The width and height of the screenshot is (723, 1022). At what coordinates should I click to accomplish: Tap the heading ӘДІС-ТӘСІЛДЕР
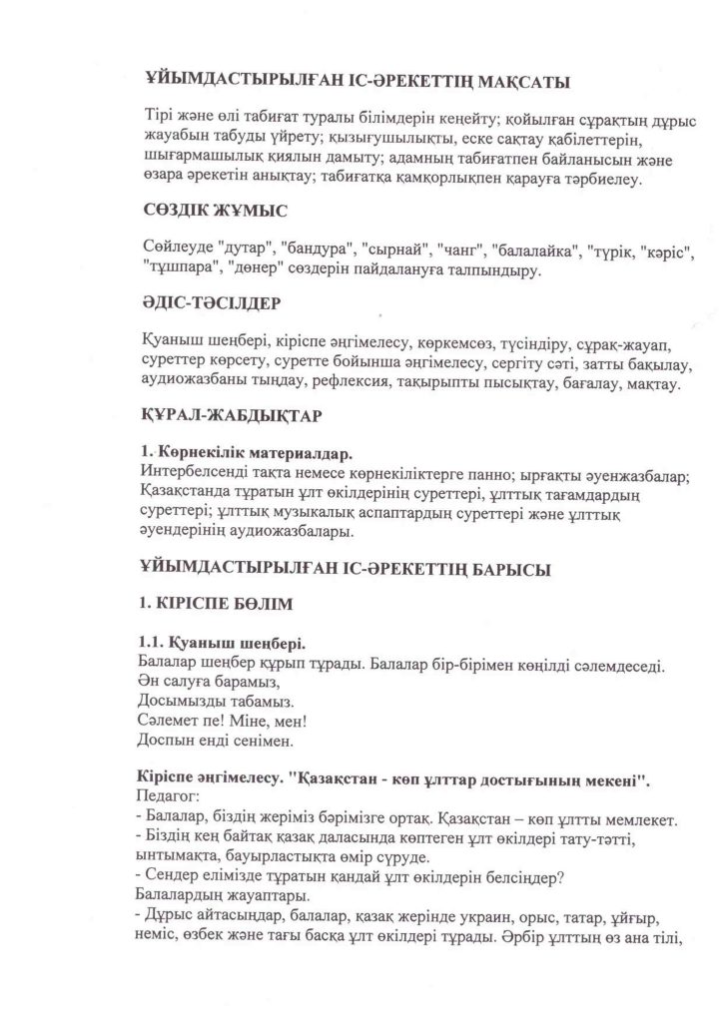(208, 301)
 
